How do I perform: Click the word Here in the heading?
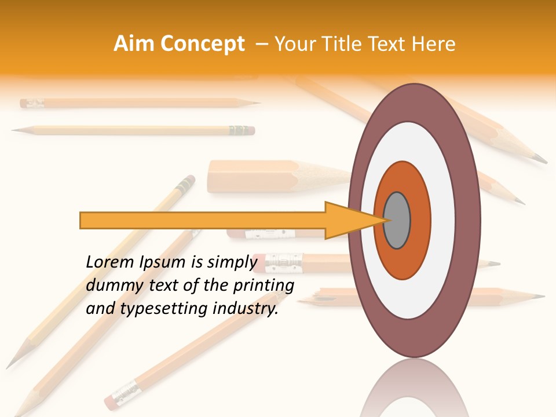[434, 44]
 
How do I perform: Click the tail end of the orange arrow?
[82, 220]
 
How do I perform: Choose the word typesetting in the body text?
[156, 309]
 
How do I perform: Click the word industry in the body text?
[244, 309]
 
